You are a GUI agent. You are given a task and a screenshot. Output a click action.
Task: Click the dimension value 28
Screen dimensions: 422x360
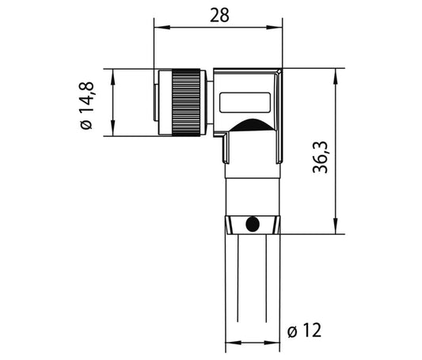pyautogui.click(x=219, y=15)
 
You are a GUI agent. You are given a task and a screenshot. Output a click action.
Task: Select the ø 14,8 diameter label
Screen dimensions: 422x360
pyautogui.click(x=86, y=106)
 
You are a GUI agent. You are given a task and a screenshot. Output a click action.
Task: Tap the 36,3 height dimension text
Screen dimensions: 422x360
pyautogui.click(x=321, y=157)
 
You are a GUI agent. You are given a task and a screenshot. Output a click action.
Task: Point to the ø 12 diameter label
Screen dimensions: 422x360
pyautogui.click(x=304, y=331)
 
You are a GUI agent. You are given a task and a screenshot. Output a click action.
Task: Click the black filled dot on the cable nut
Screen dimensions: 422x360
pyautogui.click(x=253, y=224)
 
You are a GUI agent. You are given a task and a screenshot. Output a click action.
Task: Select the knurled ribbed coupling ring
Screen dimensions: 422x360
pyautogui.click(x=186, y=102)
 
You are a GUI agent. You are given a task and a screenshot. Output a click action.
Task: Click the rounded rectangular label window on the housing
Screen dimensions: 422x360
pyautogui.click(x=245, y=102)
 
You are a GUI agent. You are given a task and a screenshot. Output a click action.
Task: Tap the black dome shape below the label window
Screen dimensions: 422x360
pyautogui.click(x=253, y=125)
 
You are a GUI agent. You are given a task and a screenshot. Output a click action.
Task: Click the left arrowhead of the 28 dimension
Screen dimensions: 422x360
pyautogui.click(x=162, y=27)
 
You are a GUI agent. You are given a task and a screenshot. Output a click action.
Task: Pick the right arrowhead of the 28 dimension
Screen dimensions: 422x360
pyautogui.click(x=274, y=27)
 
